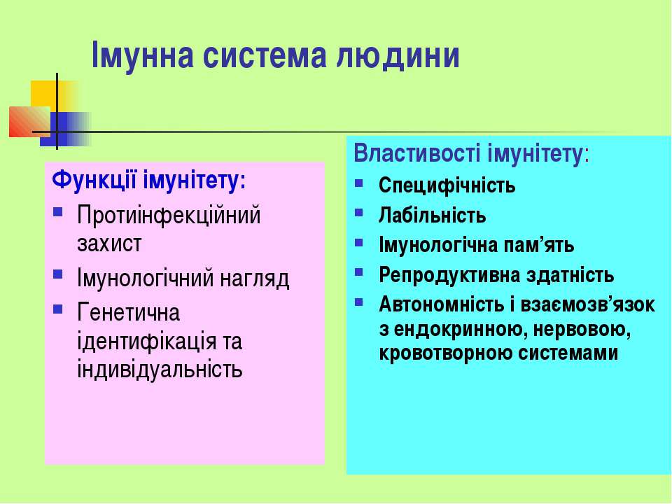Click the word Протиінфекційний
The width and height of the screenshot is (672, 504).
(169, 215)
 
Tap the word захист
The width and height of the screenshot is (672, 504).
(109, 244)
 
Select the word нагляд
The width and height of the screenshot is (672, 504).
(255, 279)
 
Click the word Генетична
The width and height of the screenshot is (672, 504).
(128, 312)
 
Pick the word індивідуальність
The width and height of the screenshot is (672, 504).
(160, 369)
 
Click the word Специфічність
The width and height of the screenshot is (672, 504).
(447, 185)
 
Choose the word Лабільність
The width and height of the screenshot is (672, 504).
(432, 215)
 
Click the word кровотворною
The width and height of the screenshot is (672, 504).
(445, 353)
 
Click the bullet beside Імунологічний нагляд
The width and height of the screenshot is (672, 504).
(58, 274)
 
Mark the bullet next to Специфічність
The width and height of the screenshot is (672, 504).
(358, 183)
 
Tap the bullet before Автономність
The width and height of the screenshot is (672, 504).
(358, 302)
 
